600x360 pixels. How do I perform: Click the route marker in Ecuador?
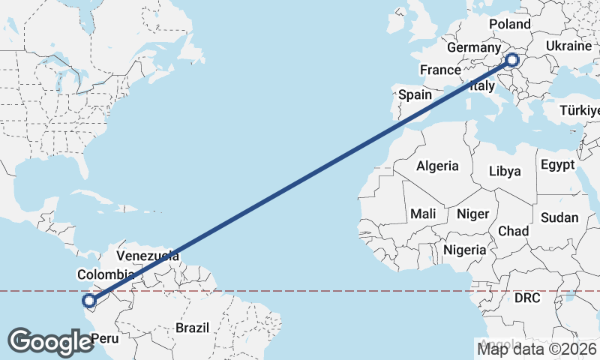click(88, 302)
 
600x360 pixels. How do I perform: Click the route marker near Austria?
click(513, 60)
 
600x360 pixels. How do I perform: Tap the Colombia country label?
click(106, 274)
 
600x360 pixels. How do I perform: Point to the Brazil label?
click(192, 328)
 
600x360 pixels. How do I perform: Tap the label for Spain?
click(415, 94)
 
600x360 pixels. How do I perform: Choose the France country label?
click(440, 70)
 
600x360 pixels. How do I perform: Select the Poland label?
click(509, 24)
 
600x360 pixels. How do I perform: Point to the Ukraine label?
click(568, 46)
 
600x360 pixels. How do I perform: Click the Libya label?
click(504, 171)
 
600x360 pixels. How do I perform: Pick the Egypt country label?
click(557, 164)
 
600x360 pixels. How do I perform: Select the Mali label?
click(423, 214)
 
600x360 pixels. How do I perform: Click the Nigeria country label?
click(466, 249)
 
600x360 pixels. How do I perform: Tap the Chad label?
click(513, 231)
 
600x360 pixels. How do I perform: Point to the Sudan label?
click(559, 217)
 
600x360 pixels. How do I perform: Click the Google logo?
click(50, 341)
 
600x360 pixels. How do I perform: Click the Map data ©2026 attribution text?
click(537, 348)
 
